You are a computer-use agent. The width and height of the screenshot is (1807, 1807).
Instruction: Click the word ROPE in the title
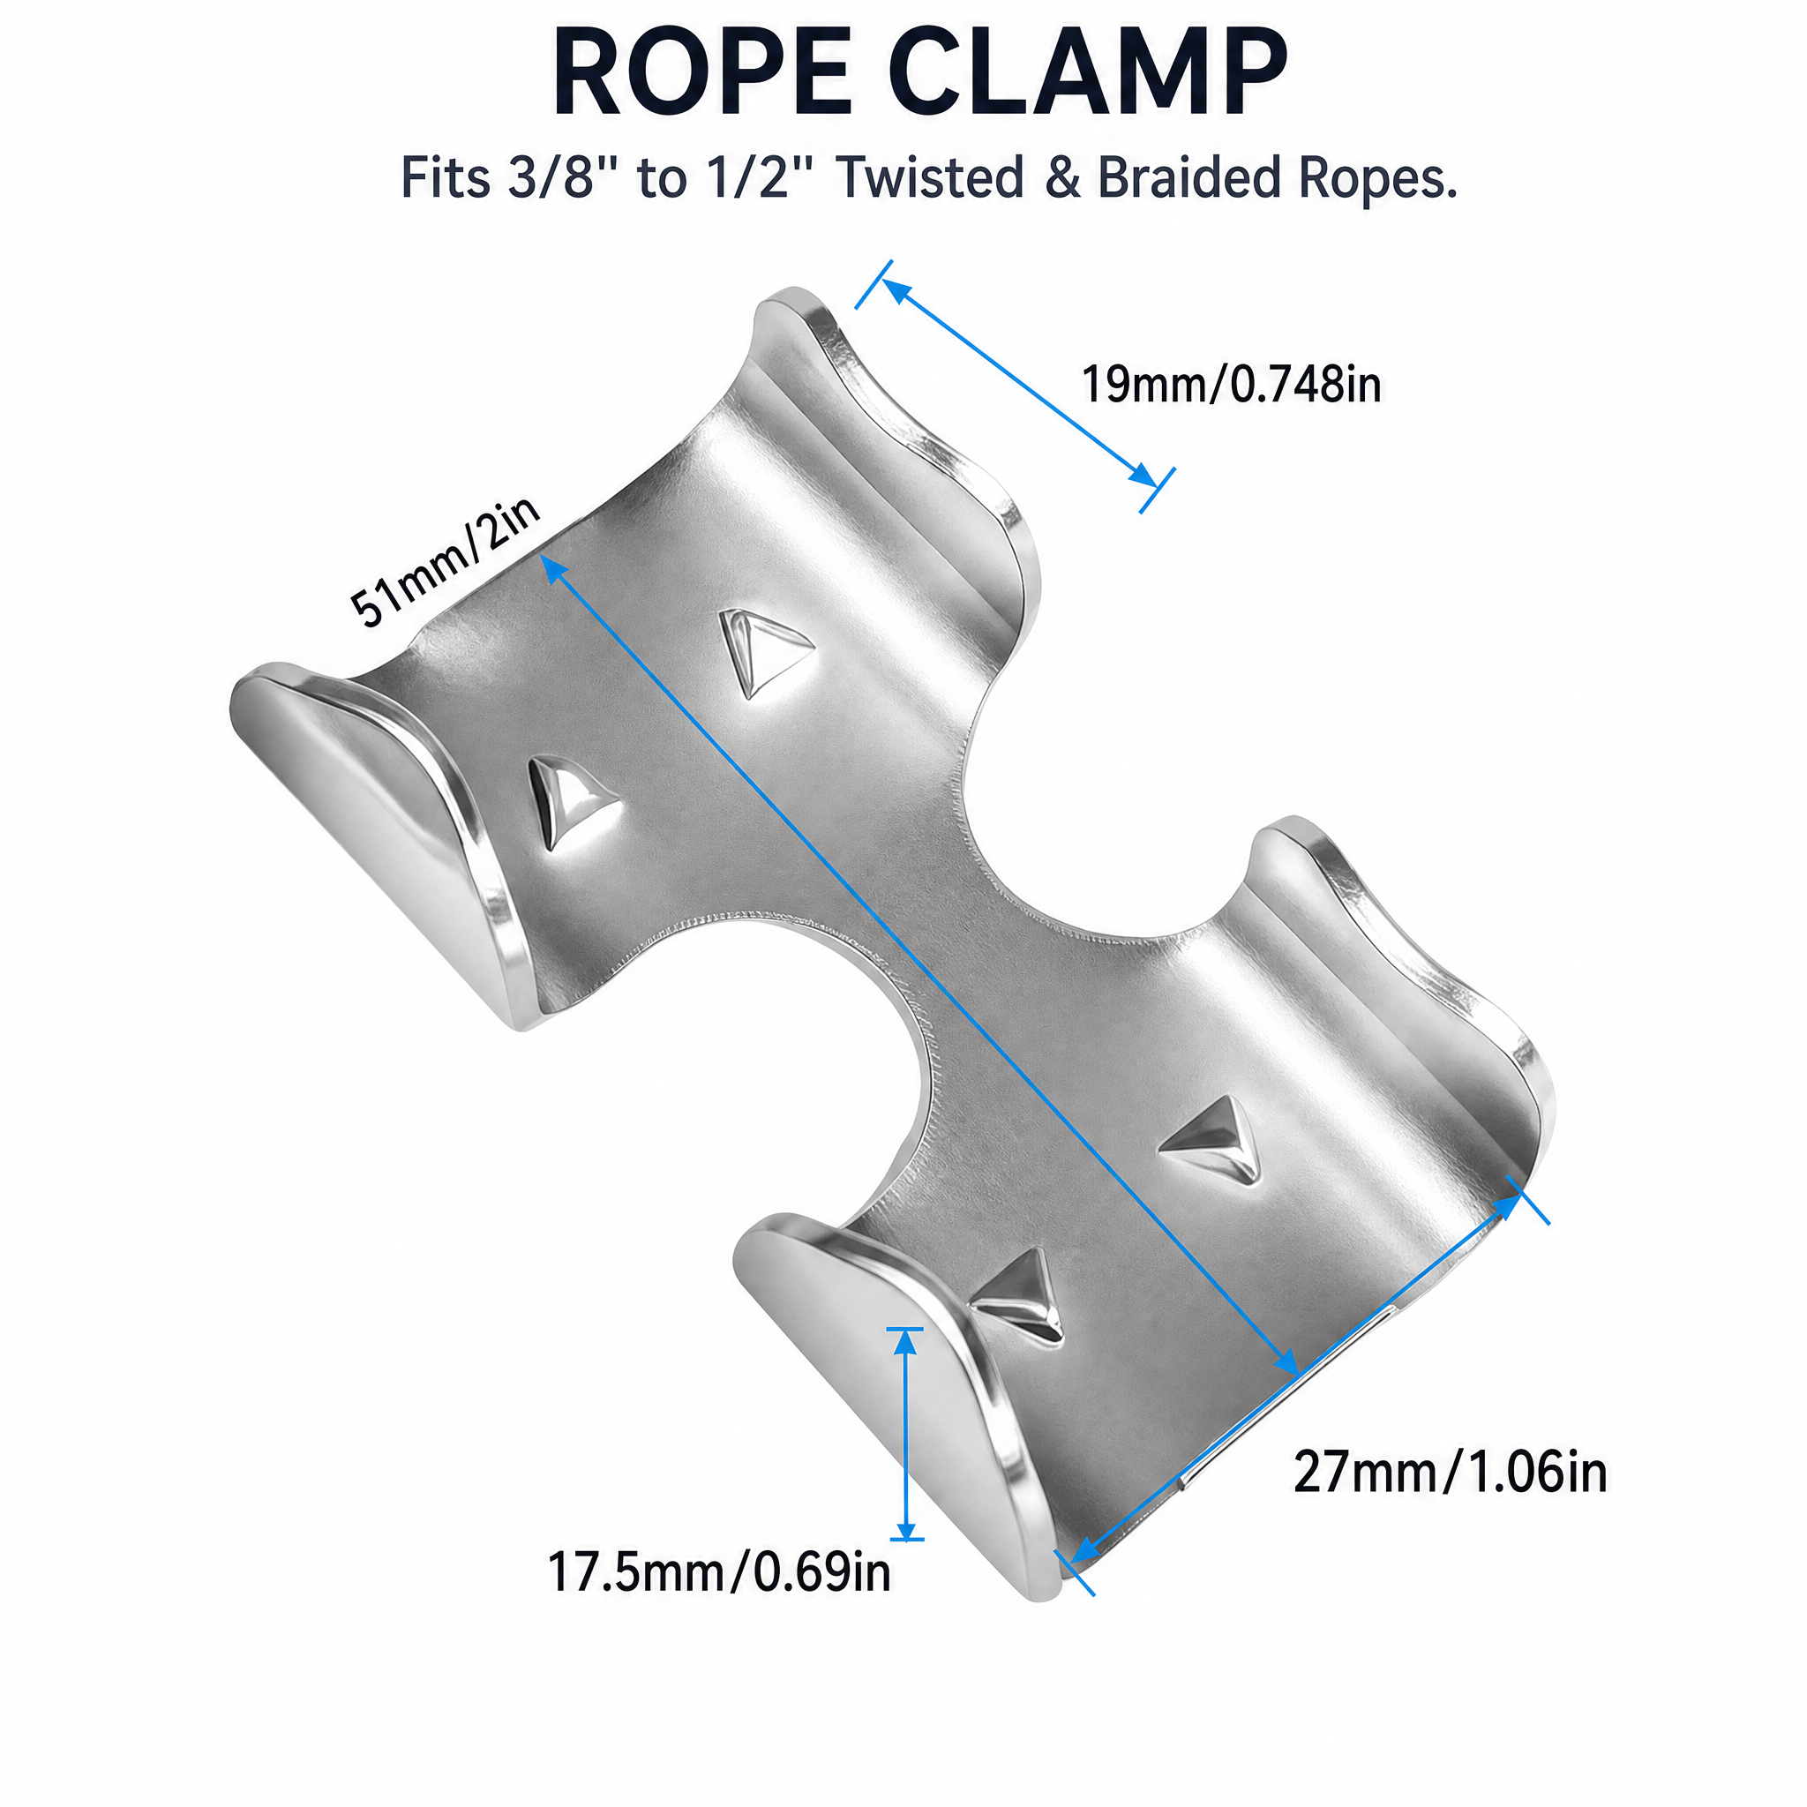701,73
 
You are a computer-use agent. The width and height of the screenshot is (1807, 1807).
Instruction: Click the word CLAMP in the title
1087,73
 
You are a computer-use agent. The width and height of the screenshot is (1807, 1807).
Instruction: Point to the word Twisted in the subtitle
931,177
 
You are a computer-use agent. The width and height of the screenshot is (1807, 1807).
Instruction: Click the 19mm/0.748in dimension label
1231,385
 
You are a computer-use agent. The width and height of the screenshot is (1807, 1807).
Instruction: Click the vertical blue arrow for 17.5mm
904,1433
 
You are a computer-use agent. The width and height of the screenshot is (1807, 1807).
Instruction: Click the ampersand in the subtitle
1061,178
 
